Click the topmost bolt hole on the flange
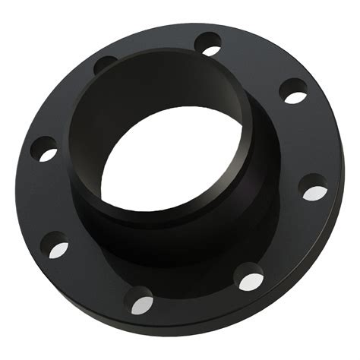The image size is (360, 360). click(207, 43)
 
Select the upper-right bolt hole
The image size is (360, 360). click(292, 91)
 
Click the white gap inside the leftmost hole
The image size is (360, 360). click(48, 155)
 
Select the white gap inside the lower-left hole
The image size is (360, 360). click(58, 248)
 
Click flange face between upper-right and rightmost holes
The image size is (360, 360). click(311, 141)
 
